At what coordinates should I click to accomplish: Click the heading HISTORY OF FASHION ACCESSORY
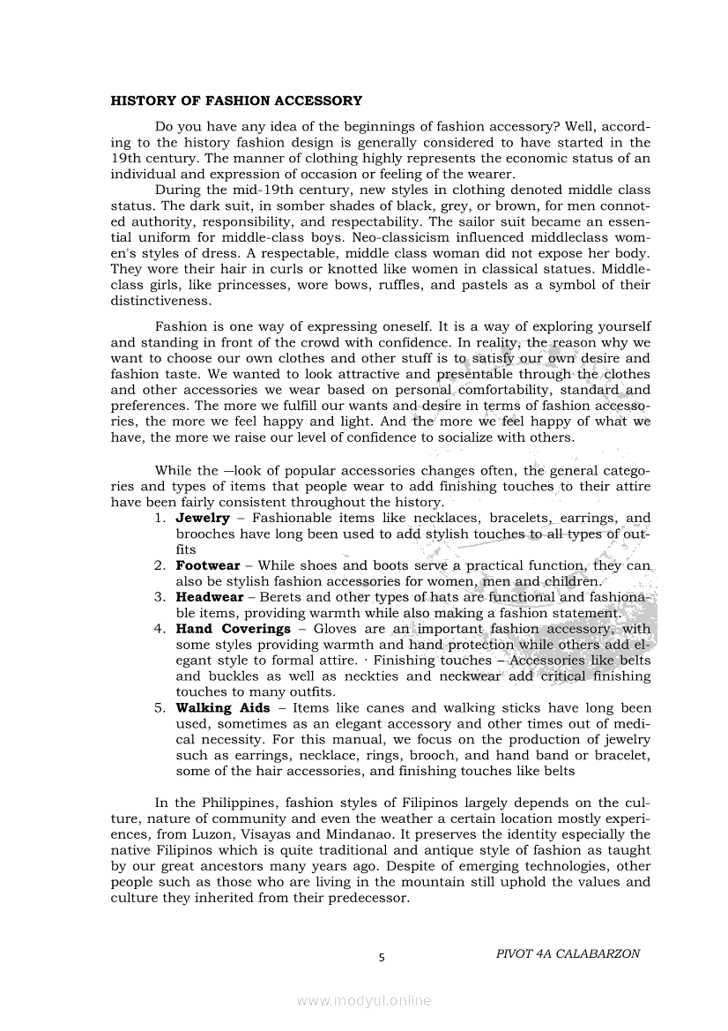pos(236,101)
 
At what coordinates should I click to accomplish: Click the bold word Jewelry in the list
pos(203,518)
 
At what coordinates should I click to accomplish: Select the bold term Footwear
pos(208,565)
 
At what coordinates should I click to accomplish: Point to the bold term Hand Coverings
pos(234,629)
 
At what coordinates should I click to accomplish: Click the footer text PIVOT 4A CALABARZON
pos(568,953)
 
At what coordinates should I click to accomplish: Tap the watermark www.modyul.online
pos(364,1000)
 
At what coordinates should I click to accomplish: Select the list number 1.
pos(160,518)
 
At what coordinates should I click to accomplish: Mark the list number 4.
pos(160,629)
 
